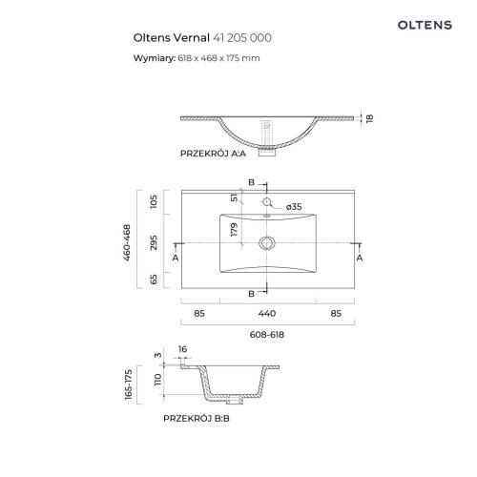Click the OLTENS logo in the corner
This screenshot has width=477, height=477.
coord(425,25)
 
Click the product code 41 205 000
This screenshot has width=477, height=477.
coord(242,38)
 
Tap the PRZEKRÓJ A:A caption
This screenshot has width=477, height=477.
coord(213,154)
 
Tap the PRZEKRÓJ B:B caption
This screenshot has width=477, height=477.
coord(197,419)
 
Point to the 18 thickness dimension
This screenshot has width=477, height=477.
coord(369,118)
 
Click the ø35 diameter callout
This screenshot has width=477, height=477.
coord(294,207)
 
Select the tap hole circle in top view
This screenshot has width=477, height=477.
coord(266,201)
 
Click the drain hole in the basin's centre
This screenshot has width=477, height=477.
coord(267,243)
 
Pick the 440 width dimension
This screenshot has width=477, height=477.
coord(267,314)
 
